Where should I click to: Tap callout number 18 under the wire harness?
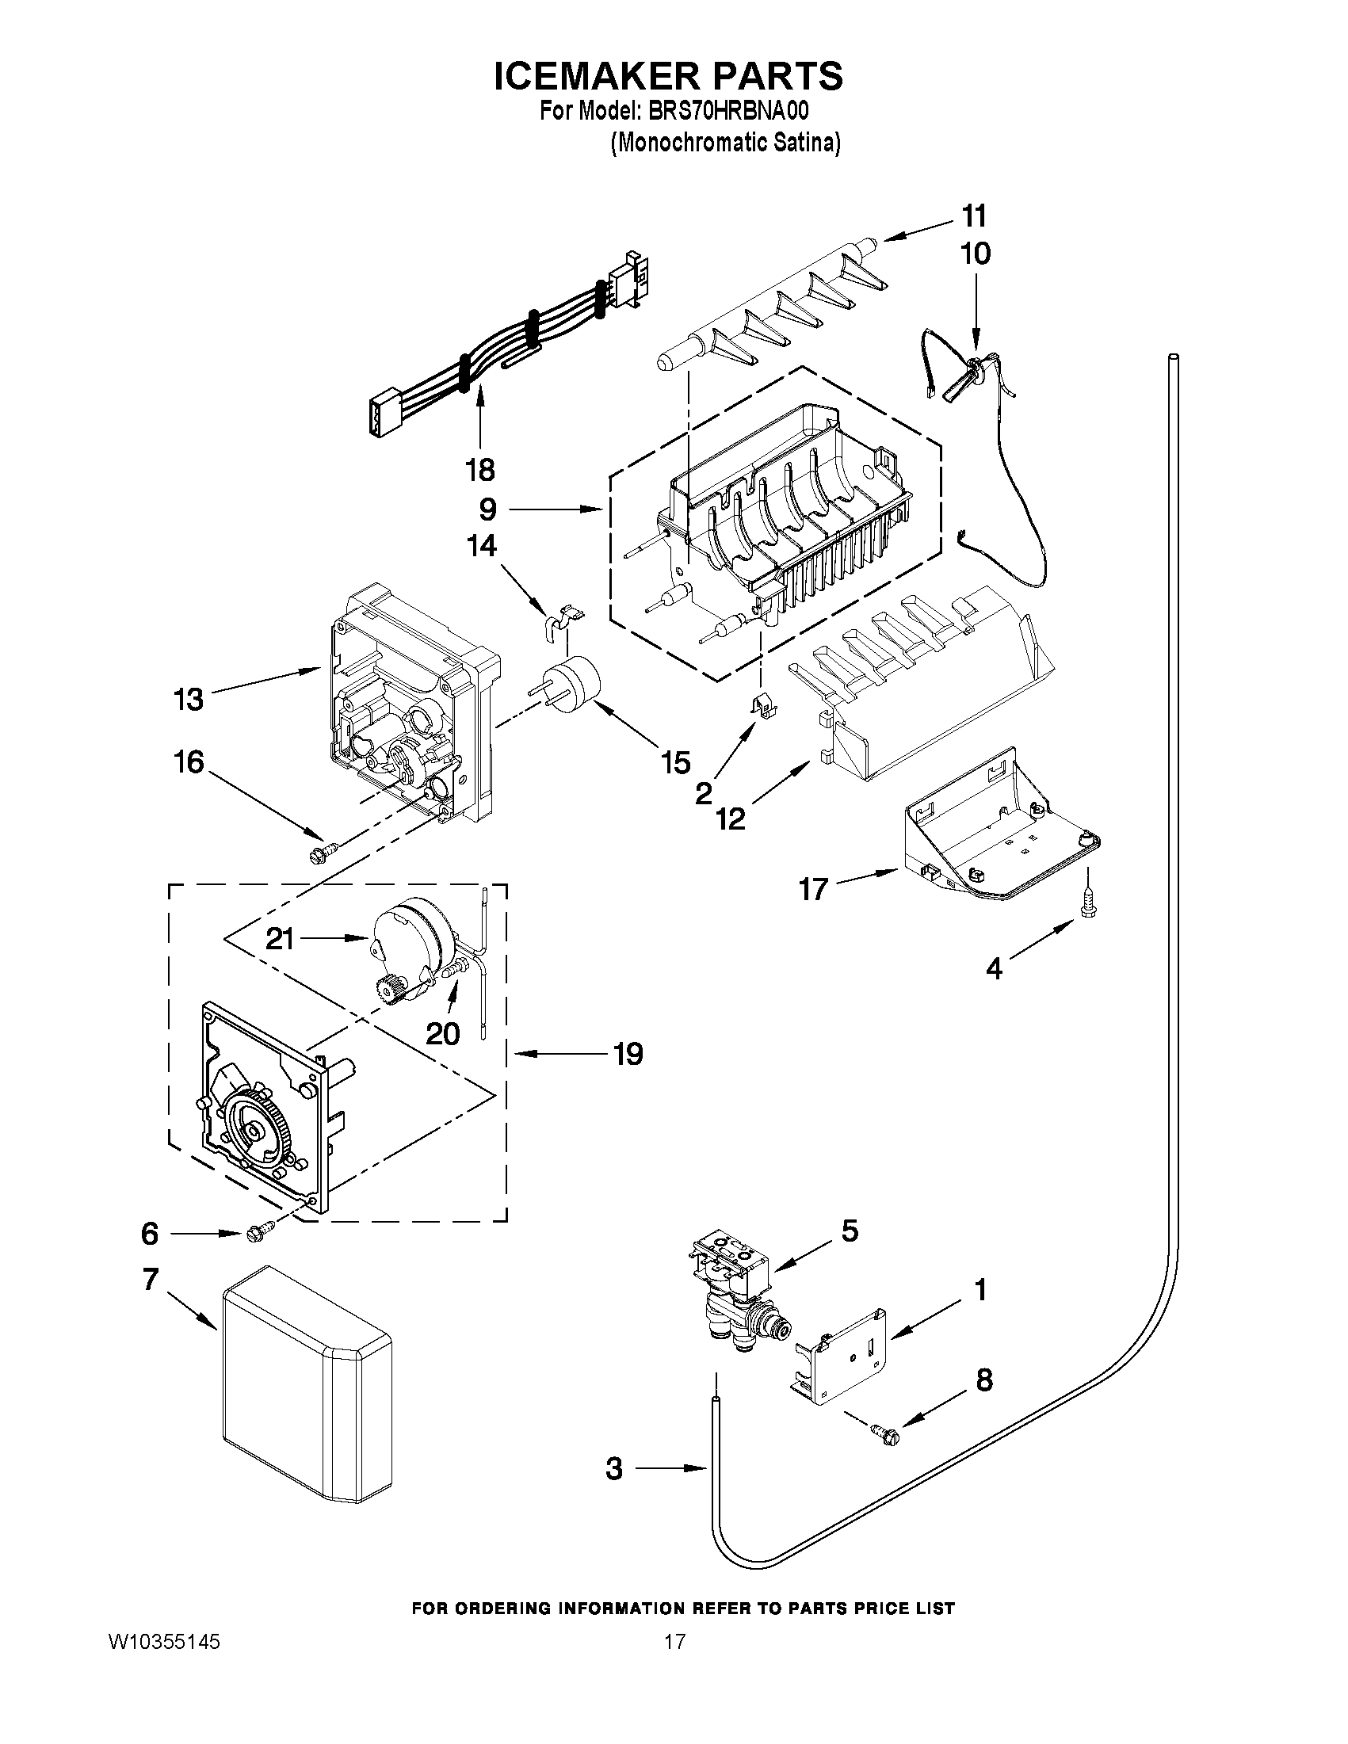pos(480,470)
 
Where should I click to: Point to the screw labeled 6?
pos(260,1233)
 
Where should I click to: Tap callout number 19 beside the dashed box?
pos(628,1054)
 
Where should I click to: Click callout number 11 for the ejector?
pos(973,216)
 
